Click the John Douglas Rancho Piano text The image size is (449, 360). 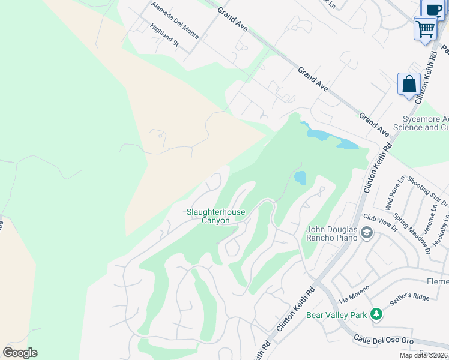pos(332,233)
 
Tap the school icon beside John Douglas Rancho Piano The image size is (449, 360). pos(366,233)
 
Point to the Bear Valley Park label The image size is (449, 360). pos(336,314)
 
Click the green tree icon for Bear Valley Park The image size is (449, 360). pos(376,314)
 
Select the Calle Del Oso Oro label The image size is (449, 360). pos(383,340)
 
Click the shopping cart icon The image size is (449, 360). pos(426,28)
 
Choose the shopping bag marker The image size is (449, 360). pos(409,83)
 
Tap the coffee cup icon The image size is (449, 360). pos(434,8)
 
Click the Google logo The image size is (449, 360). pos(20,353)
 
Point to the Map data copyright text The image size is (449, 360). pos(424,355)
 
